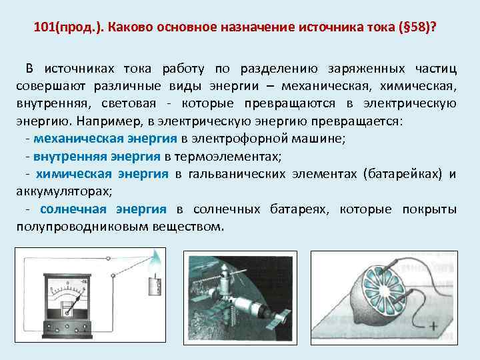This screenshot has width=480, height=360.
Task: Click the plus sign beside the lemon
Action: (x=433, y=326)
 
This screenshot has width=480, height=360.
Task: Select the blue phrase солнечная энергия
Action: (x=103, y=209)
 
